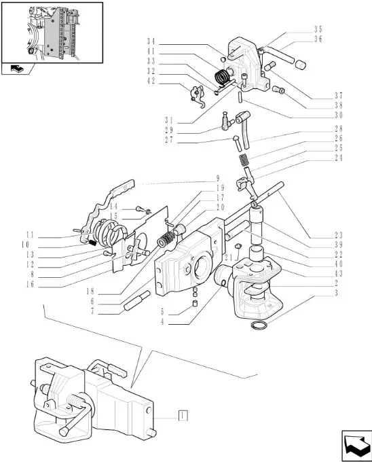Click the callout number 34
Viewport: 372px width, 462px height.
(151, 41)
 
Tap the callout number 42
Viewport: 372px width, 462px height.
(151, 81)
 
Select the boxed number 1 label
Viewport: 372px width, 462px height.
(183, 416)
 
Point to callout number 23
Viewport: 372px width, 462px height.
(339, 235)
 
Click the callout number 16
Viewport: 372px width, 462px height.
(30, 284)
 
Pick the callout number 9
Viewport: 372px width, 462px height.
(218, 178)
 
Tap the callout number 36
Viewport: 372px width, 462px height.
(318, 39)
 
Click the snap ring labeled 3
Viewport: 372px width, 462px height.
(259, 325)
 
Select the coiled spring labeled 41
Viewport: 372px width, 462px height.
(221, 77)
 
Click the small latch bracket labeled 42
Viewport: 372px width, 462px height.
(197, 95)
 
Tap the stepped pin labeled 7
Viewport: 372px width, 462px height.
(137, 300)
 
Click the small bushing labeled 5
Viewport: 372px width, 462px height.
(195, 303)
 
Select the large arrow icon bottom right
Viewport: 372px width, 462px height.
(356, 446)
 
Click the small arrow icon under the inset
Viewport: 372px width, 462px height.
(17, 69)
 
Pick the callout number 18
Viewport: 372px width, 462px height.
(90, 291)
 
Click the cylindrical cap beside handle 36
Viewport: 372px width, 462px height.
(300, 65)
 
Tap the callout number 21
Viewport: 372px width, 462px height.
(229, 257)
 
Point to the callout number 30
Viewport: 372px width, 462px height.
(339, 115)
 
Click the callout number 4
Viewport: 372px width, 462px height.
(162, 321)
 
